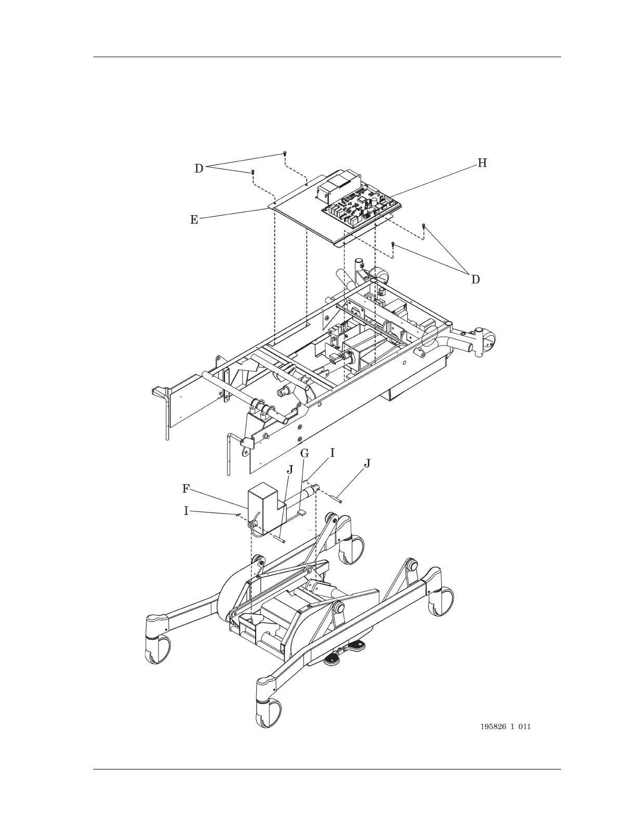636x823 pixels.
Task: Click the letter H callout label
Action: [x=482, y=163]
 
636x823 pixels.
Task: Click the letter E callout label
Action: [x=194, y=220]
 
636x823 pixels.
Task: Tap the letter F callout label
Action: [x=186, y=489]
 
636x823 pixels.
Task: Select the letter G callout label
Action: [x=304, y=454]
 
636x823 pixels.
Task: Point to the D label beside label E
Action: [x=199, y=168]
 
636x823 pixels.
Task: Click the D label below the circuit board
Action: [x=475, y=280]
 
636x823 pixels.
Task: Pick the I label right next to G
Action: [x=333, y=453]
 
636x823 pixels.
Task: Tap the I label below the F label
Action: [x=186, y=511]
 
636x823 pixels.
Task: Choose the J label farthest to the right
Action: [x=367, y=463]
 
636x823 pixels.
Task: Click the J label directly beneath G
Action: [x=290, y=470]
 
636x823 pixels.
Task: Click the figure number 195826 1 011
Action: [x=506, y=727]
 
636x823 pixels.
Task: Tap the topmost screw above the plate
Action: [x=285, y=154]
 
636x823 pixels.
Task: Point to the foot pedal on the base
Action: [x=333, y=659]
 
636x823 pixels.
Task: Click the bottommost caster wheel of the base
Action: [x=269, y=713]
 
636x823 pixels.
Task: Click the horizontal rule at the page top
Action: [x=327, y=57]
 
